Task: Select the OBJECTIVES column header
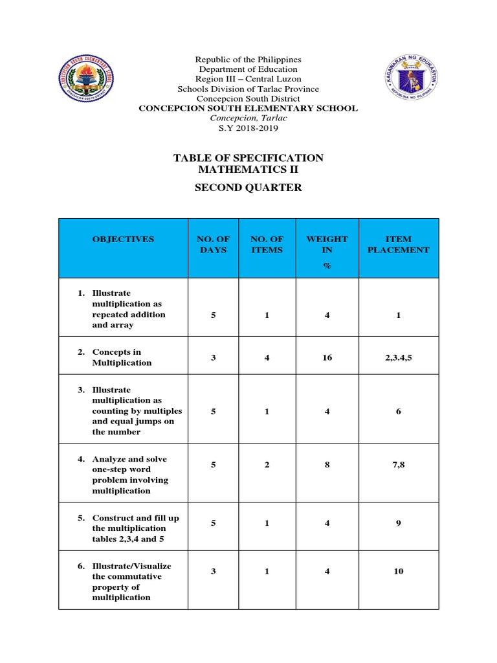[123, 239]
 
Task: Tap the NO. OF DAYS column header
[214, 244]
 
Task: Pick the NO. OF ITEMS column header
[267, 244]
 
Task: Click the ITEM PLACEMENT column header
[398, 244]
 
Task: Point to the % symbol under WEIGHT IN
[327, 265]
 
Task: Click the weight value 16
[327, 357]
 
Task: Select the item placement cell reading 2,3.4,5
[398, 357]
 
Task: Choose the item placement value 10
[398, 572]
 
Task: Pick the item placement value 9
[398, 523]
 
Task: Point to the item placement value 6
[398, 411]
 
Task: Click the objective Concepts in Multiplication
[122, 357]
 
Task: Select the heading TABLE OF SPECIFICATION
[248, 158]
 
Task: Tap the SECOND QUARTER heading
[248, 188]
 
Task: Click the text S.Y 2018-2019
[248, 128]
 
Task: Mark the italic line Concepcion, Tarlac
[248, 118]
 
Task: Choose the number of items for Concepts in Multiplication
[267, 357]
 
